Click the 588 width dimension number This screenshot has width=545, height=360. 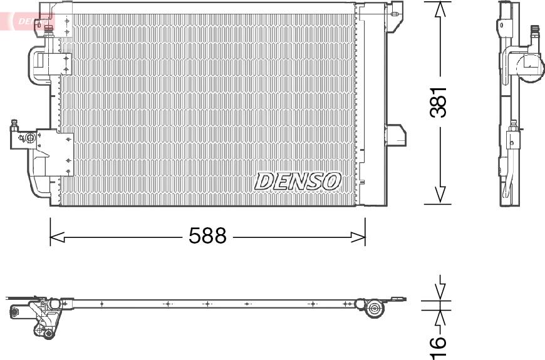207,236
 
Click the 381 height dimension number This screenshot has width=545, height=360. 439,101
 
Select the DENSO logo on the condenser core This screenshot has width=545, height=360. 297,181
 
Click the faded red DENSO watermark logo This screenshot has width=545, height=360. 28,21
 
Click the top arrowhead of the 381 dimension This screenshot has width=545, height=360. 441,10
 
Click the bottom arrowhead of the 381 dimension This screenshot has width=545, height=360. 441,195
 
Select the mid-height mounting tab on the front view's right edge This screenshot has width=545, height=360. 395,134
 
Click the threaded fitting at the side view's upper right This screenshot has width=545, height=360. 536,34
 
